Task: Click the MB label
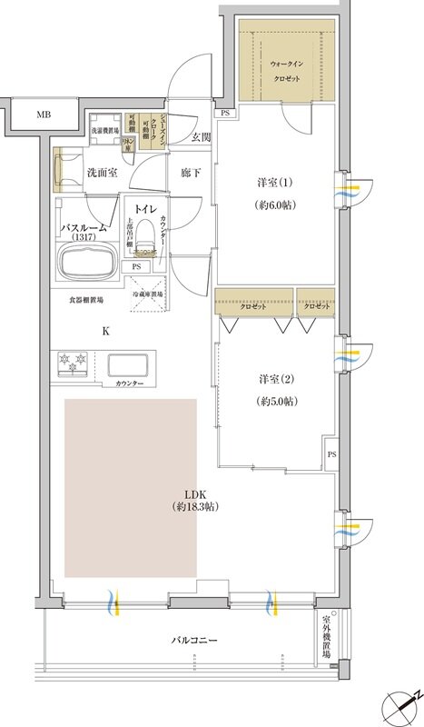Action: coord(43,115)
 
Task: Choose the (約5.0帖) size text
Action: coord(274,401)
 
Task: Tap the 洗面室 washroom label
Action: coord(103,171)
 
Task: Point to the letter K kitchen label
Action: coord(106,331)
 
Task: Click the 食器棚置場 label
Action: coord(86,298)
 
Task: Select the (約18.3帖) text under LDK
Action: coord(196,506)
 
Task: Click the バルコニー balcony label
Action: coord(196,642)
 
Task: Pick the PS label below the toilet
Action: coord(136,267)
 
